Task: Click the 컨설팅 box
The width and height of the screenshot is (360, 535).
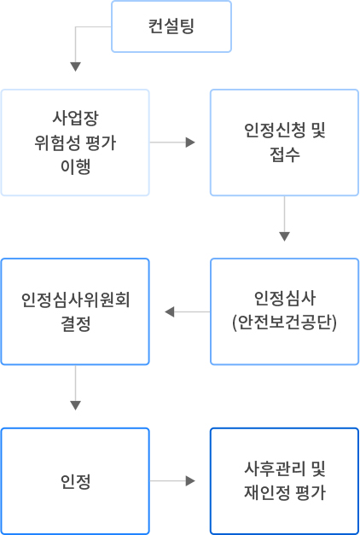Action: point(171,26)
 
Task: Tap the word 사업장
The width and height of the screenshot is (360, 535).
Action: point(75,118)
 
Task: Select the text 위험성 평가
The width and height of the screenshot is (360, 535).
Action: point(75,142)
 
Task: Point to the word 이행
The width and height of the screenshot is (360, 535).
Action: point(75,167)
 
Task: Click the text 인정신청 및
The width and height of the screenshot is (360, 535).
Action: point(285,130)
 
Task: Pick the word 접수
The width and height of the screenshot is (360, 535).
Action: point(285,154)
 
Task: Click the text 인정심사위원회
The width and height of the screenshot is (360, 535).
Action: point(75,299)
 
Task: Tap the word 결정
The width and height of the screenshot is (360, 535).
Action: point(75,323)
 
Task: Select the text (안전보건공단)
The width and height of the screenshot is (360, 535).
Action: point(285,323)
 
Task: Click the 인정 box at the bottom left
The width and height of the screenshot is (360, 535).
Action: point(75,481)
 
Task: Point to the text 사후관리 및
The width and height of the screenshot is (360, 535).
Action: point(285,468)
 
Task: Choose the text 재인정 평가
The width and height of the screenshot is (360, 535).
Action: point(285,493)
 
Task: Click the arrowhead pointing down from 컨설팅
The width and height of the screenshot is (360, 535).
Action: point(75,67)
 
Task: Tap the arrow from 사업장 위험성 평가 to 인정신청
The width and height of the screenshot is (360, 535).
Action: point(172,142)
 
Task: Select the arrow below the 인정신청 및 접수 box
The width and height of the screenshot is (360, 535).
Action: point(284,218)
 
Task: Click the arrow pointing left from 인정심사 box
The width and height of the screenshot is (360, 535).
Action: point(188,311)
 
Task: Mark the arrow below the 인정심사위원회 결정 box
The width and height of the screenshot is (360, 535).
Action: point(75,388)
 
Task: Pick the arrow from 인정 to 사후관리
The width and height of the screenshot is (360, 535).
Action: point(172,481)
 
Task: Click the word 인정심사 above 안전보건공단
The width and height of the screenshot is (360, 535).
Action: point(285,298)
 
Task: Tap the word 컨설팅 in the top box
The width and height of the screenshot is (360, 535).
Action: point(171,26)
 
